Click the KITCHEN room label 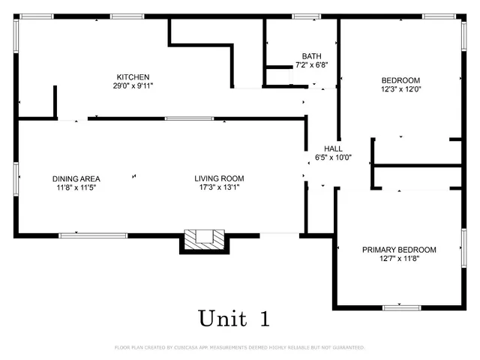point(133,77)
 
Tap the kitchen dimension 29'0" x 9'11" point(133,85)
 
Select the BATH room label point(311,57)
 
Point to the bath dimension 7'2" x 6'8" point(311,65)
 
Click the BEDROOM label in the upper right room point(400,80)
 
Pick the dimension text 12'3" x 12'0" point(400,89)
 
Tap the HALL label point(333,148)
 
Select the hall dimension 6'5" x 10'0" point(333,157)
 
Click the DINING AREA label point(76,178)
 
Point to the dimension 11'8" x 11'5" point(76,187)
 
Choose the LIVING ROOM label point(219,178)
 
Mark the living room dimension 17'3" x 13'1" point(219,187)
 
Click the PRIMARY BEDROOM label point(399,250)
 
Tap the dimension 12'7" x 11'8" point(399,259)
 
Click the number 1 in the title point(264,318)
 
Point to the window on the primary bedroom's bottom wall point(400,307)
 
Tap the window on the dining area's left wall point(16,178)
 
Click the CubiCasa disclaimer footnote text point(239,348)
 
